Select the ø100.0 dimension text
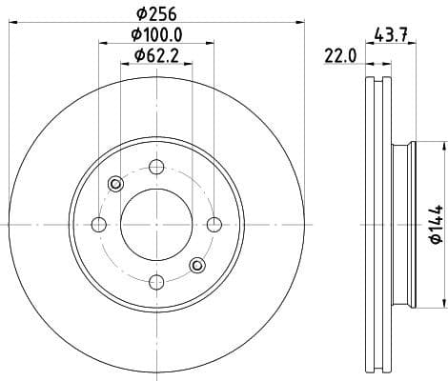point(157,35)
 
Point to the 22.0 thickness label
point(339,56)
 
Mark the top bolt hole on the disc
point(155,168)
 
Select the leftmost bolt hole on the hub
point(98,224)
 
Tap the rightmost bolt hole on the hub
point(213,224)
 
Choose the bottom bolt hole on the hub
point(155,281)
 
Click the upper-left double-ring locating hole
point(115,184)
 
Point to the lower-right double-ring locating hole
point(196,265)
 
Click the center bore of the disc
point(155,224)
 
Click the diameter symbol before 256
point(140,13)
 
